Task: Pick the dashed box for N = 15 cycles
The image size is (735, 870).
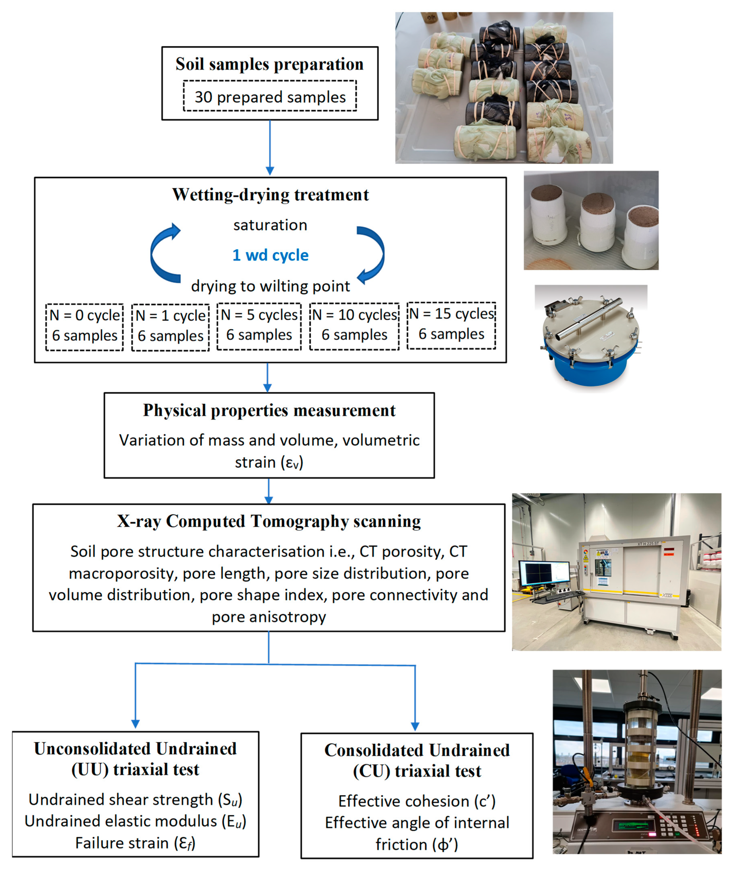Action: click(451, 325)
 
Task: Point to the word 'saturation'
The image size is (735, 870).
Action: click(270, 225)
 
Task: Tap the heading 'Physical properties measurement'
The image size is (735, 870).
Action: click(269, 410)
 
